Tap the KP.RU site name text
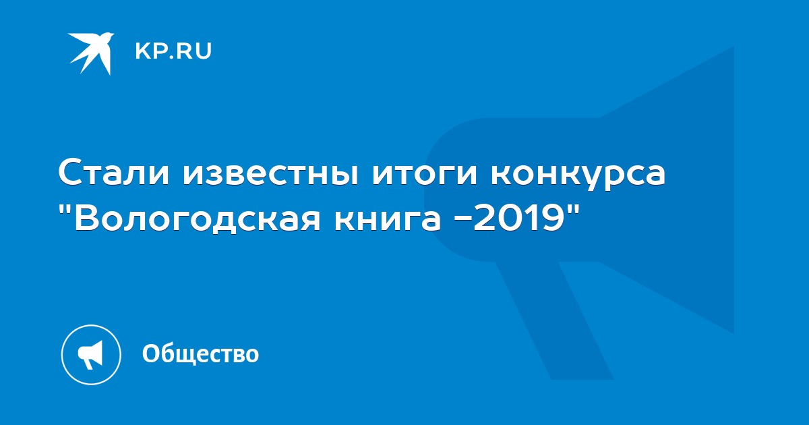point(173,51)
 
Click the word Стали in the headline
point(114,173)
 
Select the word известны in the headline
point(271,173)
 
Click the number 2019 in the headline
point(518,218)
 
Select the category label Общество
point(200,353)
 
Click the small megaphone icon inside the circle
point(90,355)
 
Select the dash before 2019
point(463,221)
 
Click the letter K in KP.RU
point(142,51)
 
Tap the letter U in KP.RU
point(204,51)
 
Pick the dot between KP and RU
point(171,57)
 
